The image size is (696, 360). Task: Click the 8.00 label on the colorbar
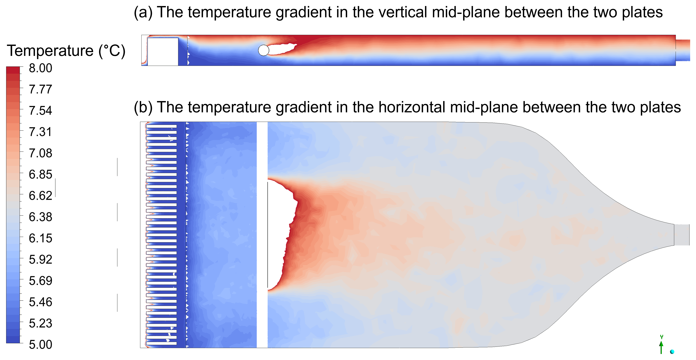pos(40,68)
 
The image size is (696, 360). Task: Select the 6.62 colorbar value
pos(40,196)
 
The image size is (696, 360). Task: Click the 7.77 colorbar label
pos(40,89)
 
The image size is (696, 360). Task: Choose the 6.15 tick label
pos(40,238)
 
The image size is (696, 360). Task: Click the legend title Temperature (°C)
pos(66,51)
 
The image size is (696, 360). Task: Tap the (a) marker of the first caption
pos(143,13)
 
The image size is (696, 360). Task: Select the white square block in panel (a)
pos(163,52)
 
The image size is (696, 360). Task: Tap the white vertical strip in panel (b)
pos(262,235)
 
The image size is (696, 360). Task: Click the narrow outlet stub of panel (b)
pos(682,235)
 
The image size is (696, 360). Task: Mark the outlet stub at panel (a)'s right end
pos(683,50)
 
